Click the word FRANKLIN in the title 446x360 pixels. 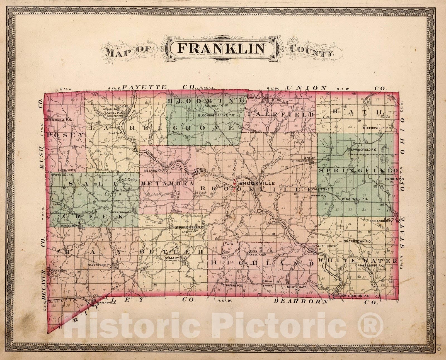(x=221, y=48)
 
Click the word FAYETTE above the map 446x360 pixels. (x=144, y=87)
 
